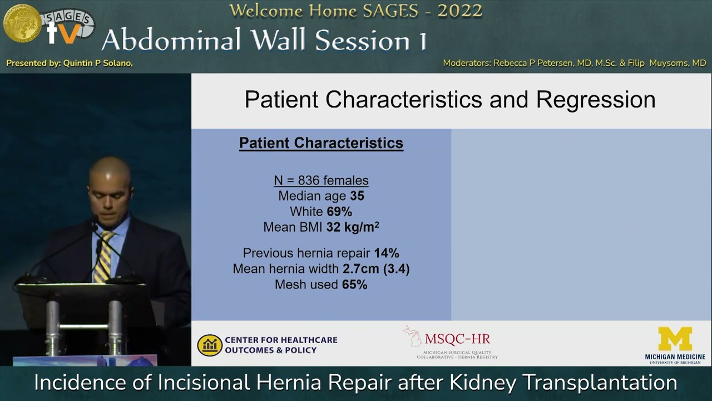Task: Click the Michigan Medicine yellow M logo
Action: [x=675, y=339]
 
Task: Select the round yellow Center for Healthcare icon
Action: [x=210, y=345]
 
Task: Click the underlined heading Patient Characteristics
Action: [x=321, y=143]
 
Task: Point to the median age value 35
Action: [x=357, y=196]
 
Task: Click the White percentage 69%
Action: [x=340, y=212]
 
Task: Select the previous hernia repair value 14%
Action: [x=386, y=253]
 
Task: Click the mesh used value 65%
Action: [x=354, y=285]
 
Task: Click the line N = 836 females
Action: [x=321, y=180]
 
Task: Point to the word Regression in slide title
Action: [x=595, y=100]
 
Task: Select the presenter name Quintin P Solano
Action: [x=98, y=63]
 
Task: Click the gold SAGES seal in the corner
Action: [x=22, y=23]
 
